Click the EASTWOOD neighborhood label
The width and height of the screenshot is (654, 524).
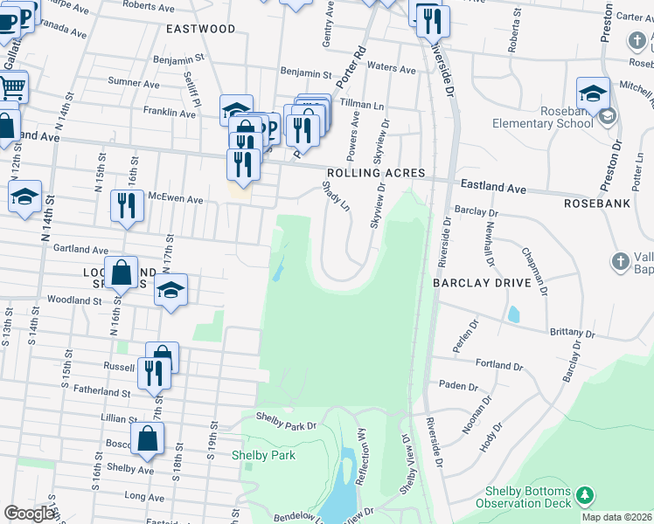(x=201, y=29)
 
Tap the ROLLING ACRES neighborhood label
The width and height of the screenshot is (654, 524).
(x=376, y=173)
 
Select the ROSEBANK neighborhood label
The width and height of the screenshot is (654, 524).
(x=597, y=203)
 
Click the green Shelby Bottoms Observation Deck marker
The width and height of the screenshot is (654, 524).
(x=584, y=497)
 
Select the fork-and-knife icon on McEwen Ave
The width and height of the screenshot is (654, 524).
(x=128, y=205)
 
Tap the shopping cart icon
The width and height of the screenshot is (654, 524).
(x=12, y=86)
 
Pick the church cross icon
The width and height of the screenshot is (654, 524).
(x=620, y=261)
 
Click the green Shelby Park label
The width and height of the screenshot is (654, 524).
(x=263, y=455)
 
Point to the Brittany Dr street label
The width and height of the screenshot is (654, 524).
(x=573, y=334)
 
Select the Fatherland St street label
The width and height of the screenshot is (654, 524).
(x=101, y=393)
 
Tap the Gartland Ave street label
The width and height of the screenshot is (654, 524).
(x=80, y=249)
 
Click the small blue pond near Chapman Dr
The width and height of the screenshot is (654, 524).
(x=513, y=313)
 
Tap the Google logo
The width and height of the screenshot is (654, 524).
(x=29, y=514)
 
